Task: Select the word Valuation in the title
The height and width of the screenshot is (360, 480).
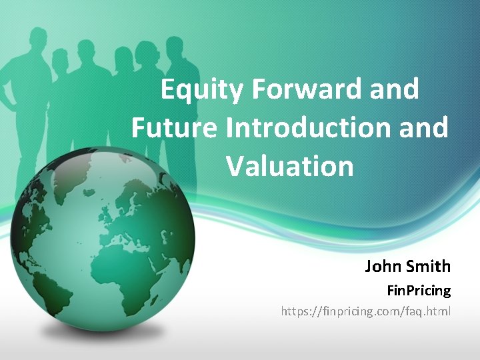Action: coord(290,165)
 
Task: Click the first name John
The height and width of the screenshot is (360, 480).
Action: coord(382,267)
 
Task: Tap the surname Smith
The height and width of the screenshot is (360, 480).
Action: coord(427,267)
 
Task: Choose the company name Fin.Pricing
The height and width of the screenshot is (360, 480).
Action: coord(419,291)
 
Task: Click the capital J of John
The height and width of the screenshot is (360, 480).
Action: coord(369,267)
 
